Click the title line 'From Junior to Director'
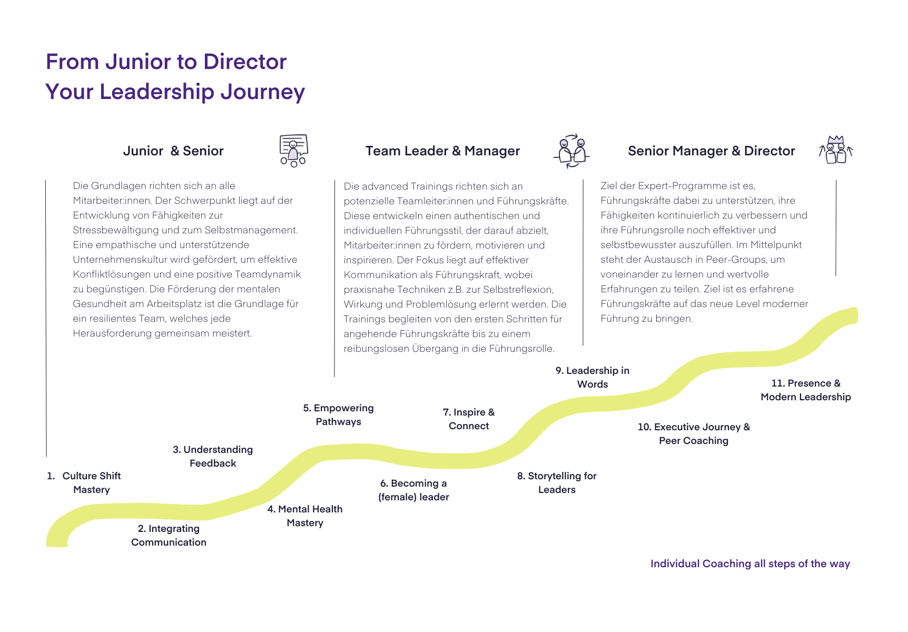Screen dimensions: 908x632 [x=166, y=62]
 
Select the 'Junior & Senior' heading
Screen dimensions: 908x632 [x=173, y=151]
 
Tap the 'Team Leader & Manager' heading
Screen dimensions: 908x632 [x=442, y=151]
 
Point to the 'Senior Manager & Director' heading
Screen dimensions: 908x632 [x=711, y=151]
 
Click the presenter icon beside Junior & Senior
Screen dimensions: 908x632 [x=293, y=151]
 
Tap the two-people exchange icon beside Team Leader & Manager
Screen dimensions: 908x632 [x=571, y=151]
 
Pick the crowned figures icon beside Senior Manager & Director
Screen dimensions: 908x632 [x=836, y=150]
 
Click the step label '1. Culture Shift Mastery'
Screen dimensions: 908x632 [x=84, y=483]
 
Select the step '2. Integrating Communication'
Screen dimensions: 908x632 [x=169, y=536]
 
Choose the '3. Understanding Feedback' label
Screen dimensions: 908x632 [x=213, y=457]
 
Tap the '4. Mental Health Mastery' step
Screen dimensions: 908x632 [x=305, y=516]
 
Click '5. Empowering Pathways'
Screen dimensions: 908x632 [x=338, y=415]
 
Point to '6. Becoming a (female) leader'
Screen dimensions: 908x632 [x=413, y=490]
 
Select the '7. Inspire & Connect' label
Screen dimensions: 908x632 [x=469, y=419]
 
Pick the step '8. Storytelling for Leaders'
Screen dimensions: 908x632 [x=557, y=483]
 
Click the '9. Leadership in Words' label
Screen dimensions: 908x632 [x=593, y=378]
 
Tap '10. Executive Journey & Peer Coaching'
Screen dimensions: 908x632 [x=694, y=434]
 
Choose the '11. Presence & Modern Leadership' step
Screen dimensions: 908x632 [x=806, y=390]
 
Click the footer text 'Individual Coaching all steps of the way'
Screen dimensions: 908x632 [x=750, y=564]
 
